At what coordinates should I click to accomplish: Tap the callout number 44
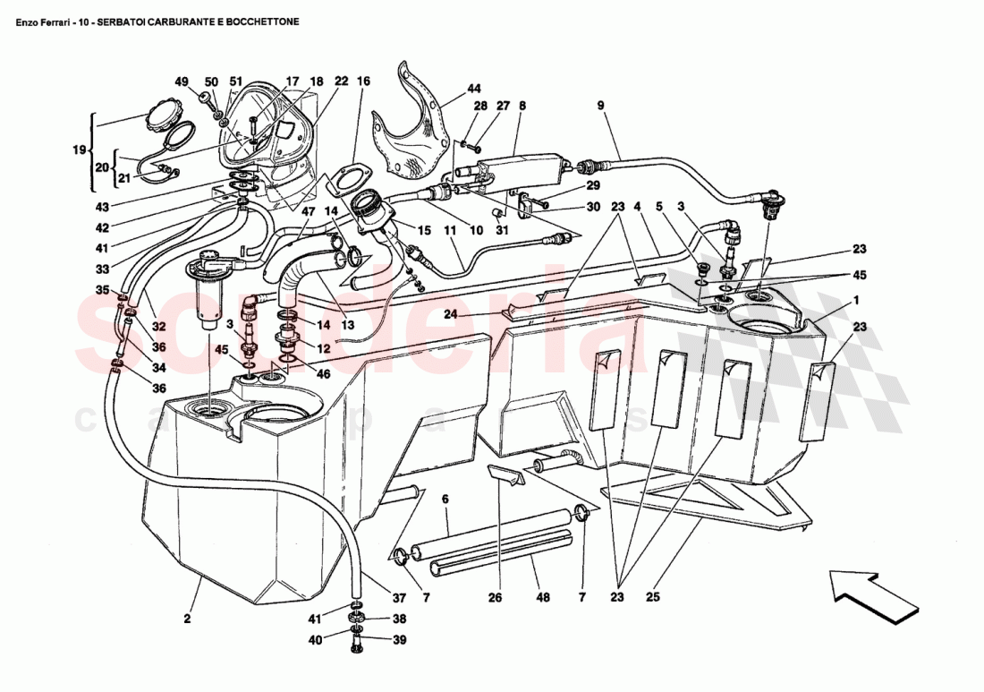tap(473, 89)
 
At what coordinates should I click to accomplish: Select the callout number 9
tap(601, 106)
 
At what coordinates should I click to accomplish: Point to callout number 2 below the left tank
tap(188, 618)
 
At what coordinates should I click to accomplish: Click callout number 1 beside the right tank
tap(856, 300)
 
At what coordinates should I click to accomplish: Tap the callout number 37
tap(398, 598)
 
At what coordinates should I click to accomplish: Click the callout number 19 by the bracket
tap(77, 150)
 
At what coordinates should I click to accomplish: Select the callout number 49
tap(182, 81)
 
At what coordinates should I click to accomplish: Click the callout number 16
tap(363, 81)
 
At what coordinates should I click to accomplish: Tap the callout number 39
tap(398, 639)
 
